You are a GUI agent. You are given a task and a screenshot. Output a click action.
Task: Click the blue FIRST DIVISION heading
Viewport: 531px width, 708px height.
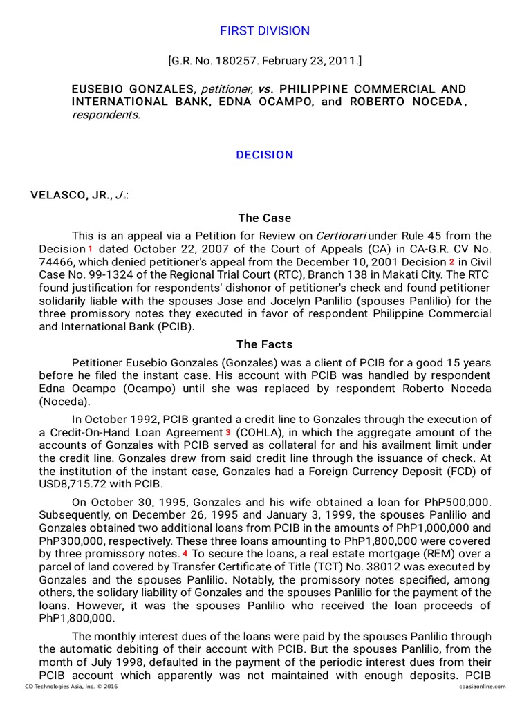coord(265,31)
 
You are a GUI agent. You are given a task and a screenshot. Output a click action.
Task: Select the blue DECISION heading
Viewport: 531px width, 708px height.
coord(265,155)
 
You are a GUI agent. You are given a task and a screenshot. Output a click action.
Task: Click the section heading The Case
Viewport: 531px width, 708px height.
coord(265,218)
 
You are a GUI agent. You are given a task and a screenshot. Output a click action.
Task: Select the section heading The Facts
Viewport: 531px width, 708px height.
coord(265,344)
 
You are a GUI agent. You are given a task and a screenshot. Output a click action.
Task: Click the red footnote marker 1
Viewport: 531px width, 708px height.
coord(90,248)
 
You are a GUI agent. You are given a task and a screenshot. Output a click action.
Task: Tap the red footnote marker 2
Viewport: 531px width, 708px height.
coord(451,262)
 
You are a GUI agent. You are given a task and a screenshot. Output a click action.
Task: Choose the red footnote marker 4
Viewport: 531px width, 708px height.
coord(185,554)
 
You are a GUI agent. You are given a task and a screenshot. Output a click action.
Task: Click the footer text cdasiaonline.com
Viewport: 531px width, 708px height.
coord(481,687)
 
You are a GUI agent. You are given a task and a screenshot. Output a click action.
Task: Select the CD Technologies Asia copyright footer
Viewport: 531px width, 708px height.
coord(66,687)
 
